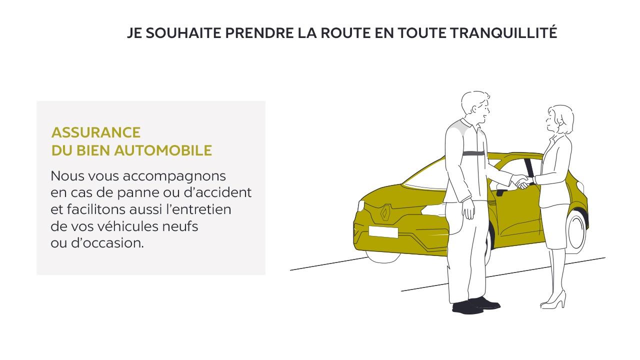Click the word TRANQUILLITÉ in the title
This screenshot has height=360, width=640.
coord(503,32)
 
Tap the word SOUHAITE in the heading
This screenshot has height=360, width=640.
coord(183,33)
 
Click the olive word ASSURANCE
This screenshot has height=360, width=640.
coord(96,132)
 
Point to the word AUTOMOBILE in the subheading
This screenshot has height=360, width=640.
coord(163,150)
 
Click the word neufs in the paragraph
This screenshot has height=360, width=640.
coord(180,226)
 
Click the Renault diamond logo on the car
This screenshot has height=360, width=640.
coord(385,213)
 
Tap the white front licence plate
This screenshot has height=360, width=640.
coord(383,231)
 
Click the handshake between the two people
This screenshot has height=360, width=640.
coord(522,181)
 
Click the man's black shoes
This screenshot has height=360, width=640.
coord(475,305)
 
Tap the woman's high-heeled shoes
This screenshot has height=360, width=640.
coord(553,300)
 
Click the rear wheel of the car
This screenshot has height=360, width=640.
coord(577,231)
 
